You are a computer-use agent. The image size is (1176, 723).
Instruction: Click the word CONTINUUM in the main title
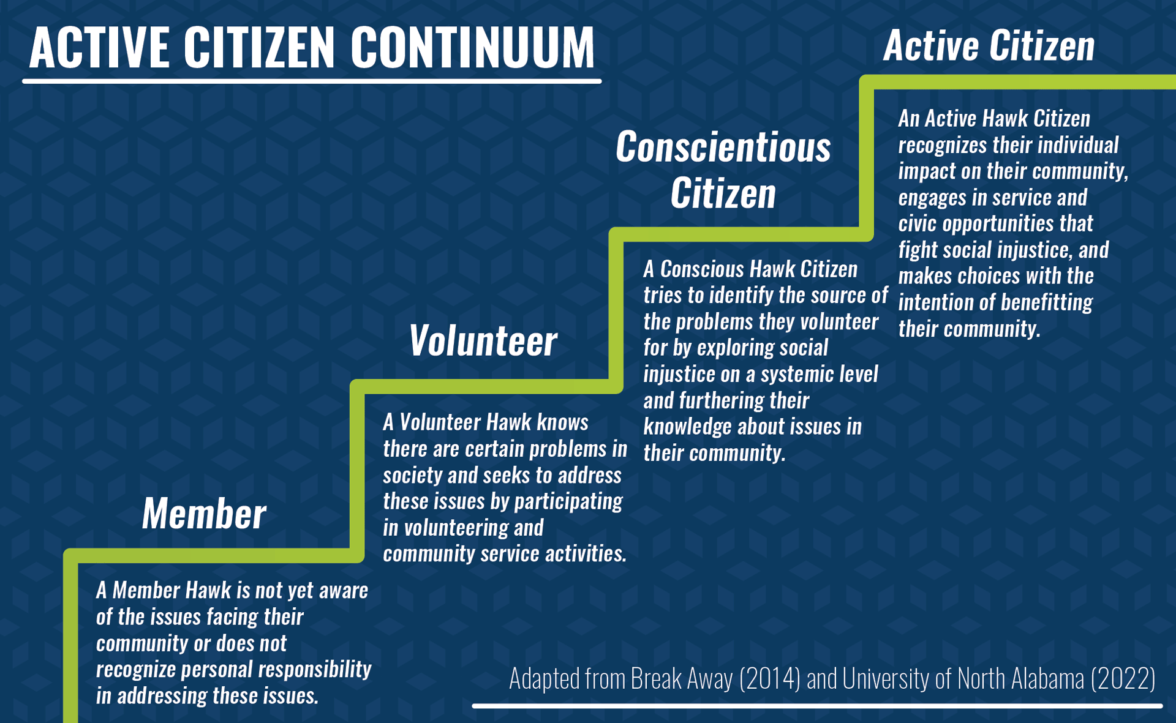(472, 48)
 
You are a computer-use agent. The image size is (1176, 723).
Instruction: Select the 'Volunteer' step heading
(483, 341)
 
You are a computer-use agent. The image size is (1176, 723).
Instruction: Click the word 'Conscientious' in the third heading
(723, 148)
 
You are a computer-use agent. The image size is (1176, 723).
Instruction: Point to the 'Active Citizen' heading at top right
(989, 46)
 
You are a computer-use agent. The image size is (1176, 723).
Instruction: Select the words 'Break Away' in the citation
(681, 679)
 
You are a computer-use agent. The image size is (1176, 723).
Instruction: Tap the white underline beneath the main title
(312, 81)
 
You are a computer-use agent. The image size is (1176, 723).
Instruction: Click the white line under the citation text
(816, 706)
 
